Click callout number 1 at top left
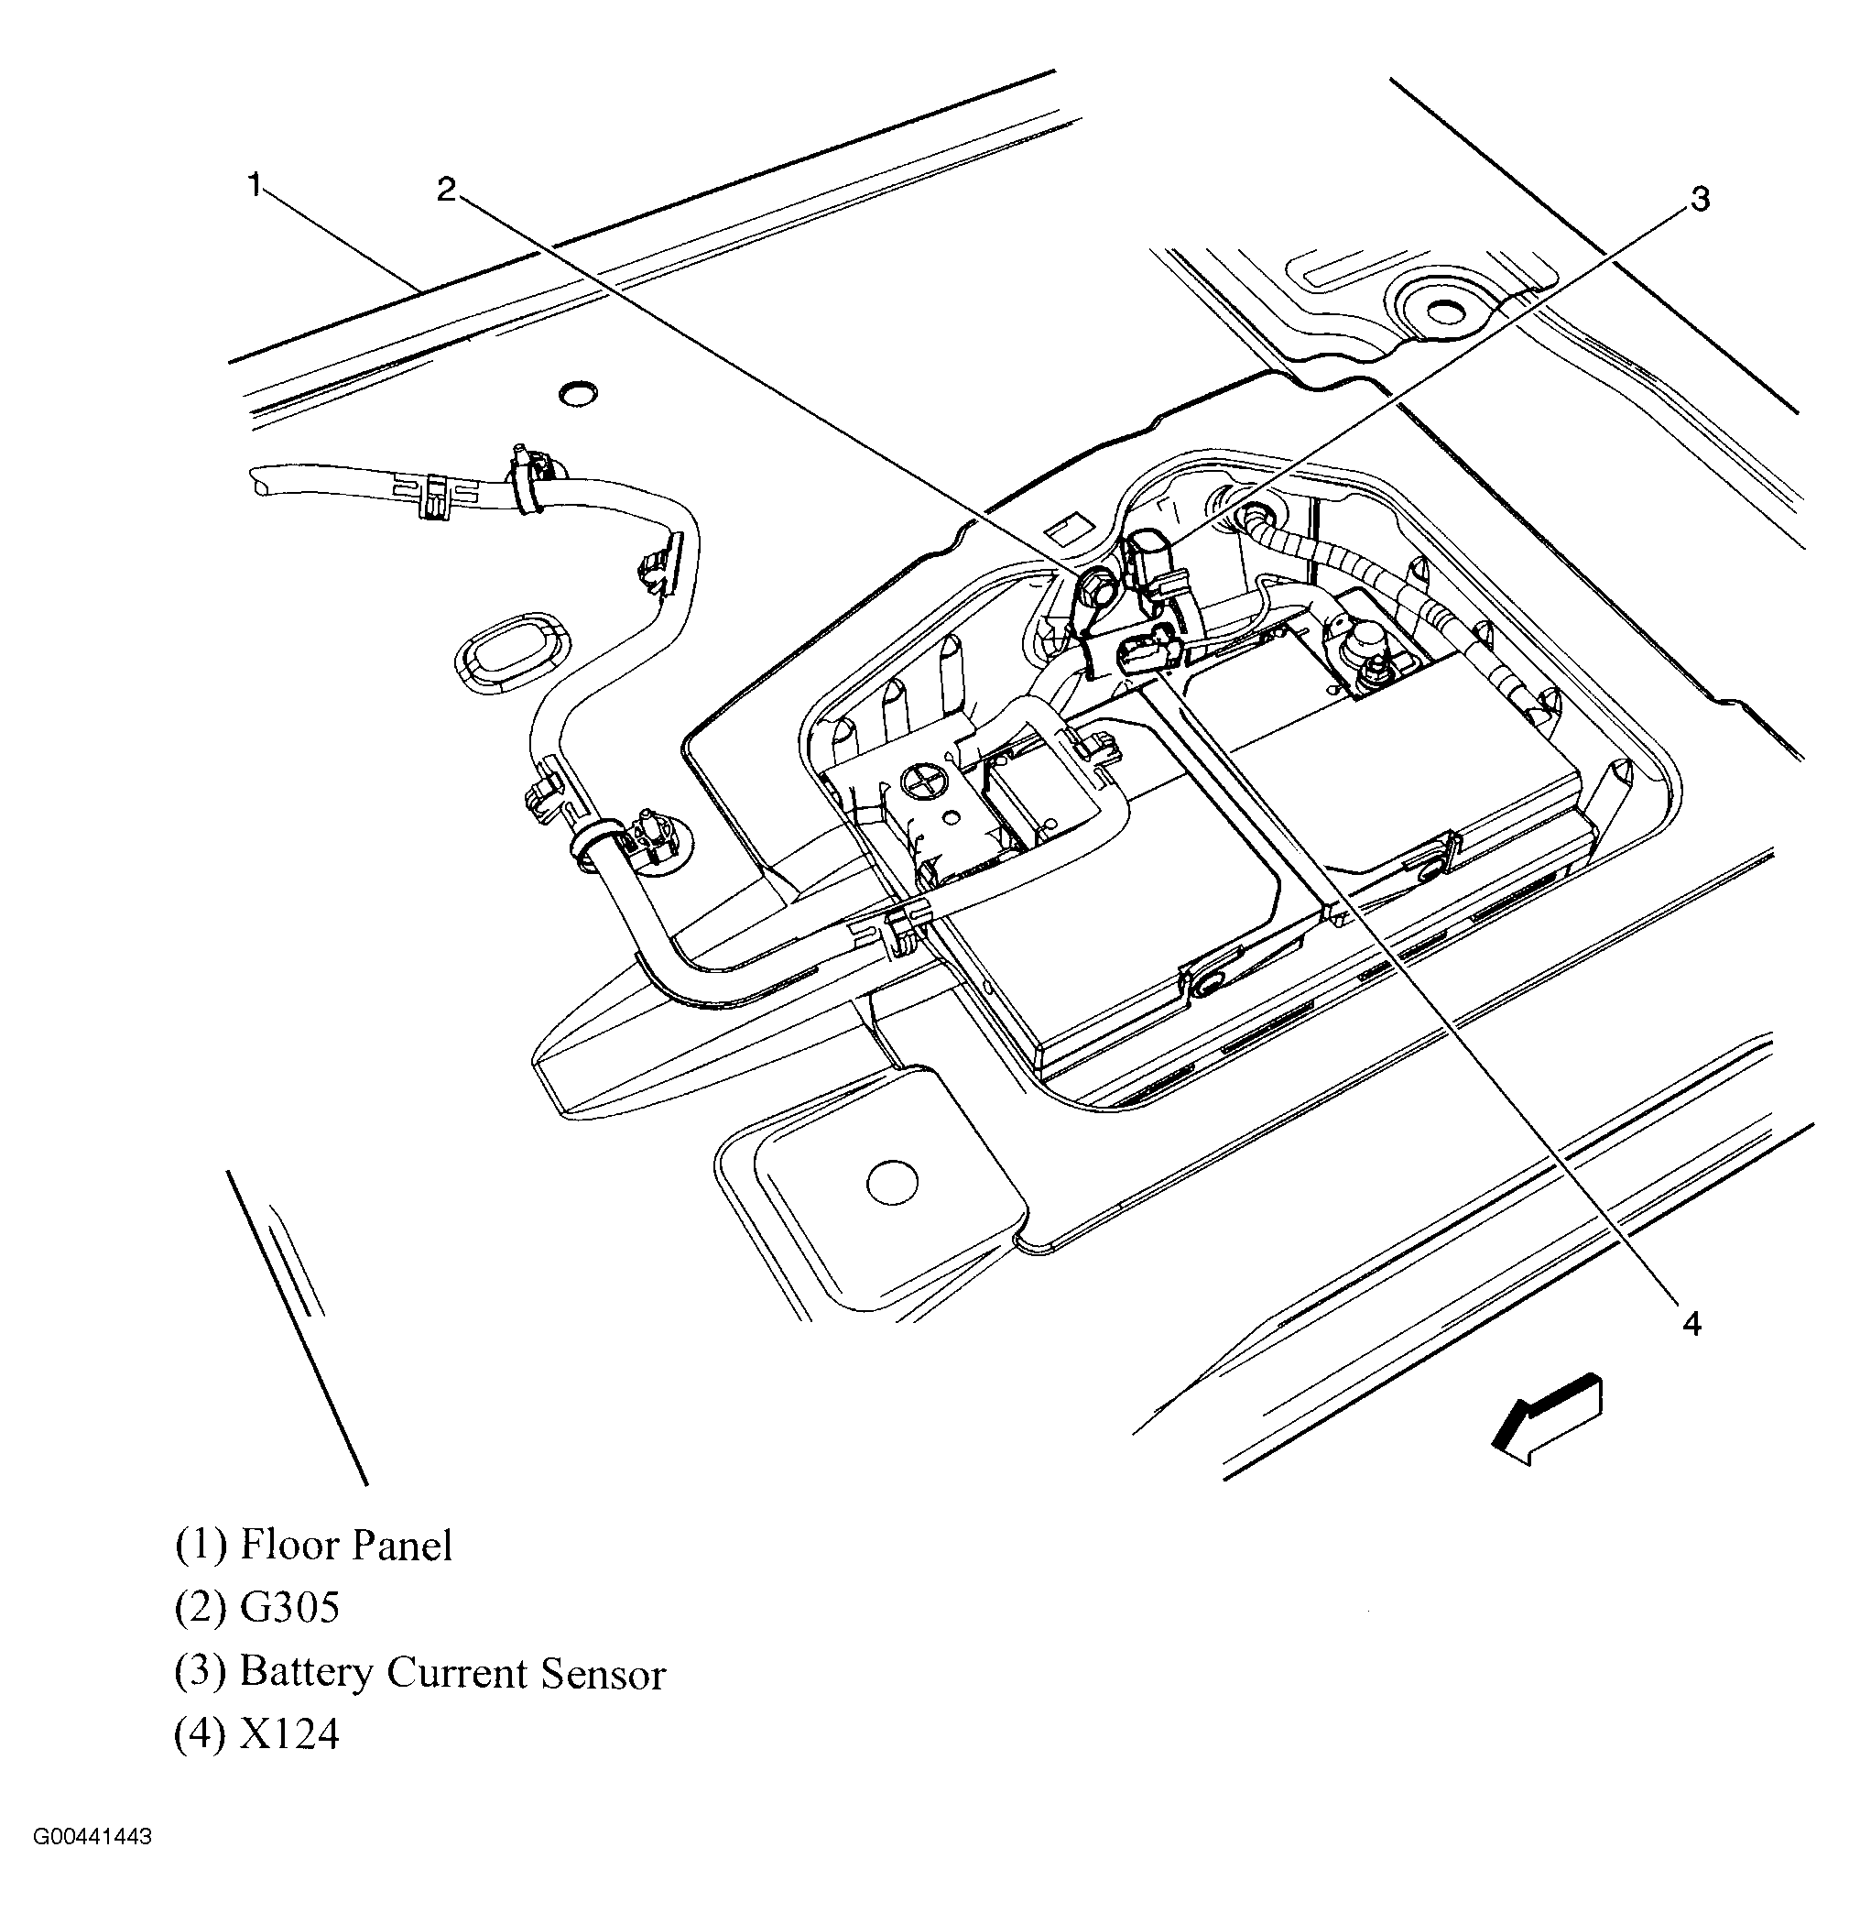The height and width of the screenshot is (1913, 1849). (x=255, y=183)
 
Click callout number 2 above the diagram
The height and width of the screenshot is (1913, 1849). (x=446, y=190)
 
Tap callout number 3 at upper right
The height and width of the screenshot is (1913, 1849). (x=1699, y=199)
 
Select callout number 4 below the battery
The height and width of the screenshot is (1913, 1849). (x=1691, y=1325)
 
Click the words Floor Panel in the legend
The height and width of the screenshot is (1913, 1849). (x=346, y=1545)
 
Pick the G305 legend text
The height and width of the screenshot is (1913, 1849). (x=289, y=1608)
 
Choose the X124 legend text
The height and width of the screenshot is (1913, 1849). (x=289, y=1734)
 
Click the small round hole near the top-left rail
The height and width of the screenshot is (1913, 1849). (x=578, y=393)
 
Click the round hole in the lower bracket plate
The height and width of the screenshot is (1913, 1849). (x=892, y=1183)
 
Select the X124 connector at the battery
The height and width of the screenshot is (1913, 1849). (x=1147, y=648)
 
